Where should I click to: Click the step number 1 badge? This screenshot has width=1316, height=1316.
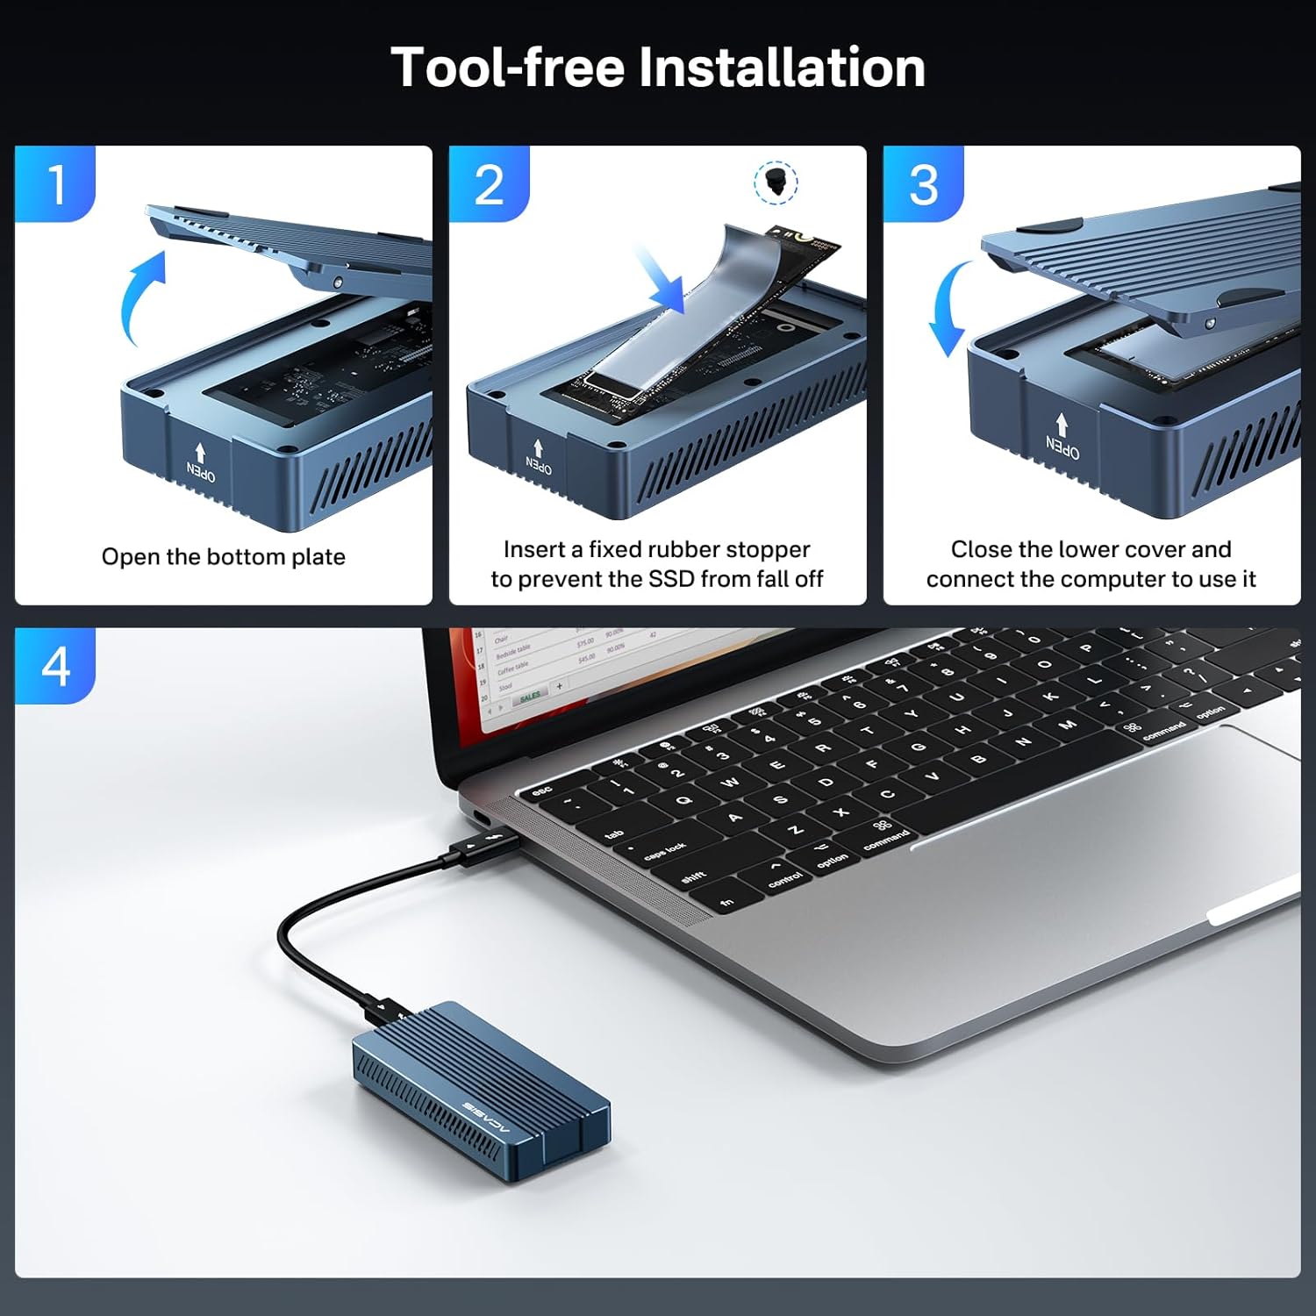[56, 184]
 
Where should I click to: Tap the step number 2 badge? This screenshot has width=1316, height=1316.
[490, 184]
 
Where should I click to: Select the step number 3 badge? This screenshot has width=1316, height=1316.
[924, 184]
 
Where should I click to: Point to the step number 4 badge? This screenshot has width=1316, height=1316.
[56, 667]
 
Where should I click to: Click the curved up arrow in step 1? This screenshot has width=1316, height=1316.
[140, 294]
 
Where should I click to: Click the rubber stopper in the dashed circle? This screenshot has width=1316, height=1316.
[776, 182]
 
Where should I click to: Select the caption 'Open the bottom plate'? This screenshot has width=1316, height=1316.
[224, 557]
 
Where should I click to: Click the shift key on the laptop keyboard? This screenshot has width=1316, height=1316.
[693, 876]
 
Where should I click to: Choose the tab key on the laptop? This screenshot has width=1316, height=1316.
[614, 833]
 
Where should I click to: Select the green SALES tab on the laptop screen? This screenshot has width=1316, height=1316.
[530, 696]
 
